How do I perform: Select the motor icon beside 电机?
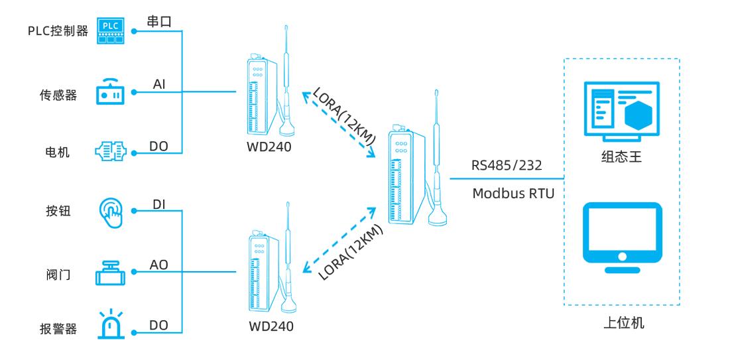click(110, 152)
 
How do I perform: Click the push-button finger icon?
click(110, 211)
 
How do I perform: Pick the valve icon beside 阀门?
click(110, 272)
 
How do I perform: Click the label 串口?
click(159, 21)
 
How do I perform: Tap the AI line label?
click(159, 84)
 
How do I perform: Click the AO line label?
click(159, 265)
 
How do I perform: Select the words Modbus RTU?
click(509, 194)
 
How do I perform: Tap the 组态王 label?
click(621, 158)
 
